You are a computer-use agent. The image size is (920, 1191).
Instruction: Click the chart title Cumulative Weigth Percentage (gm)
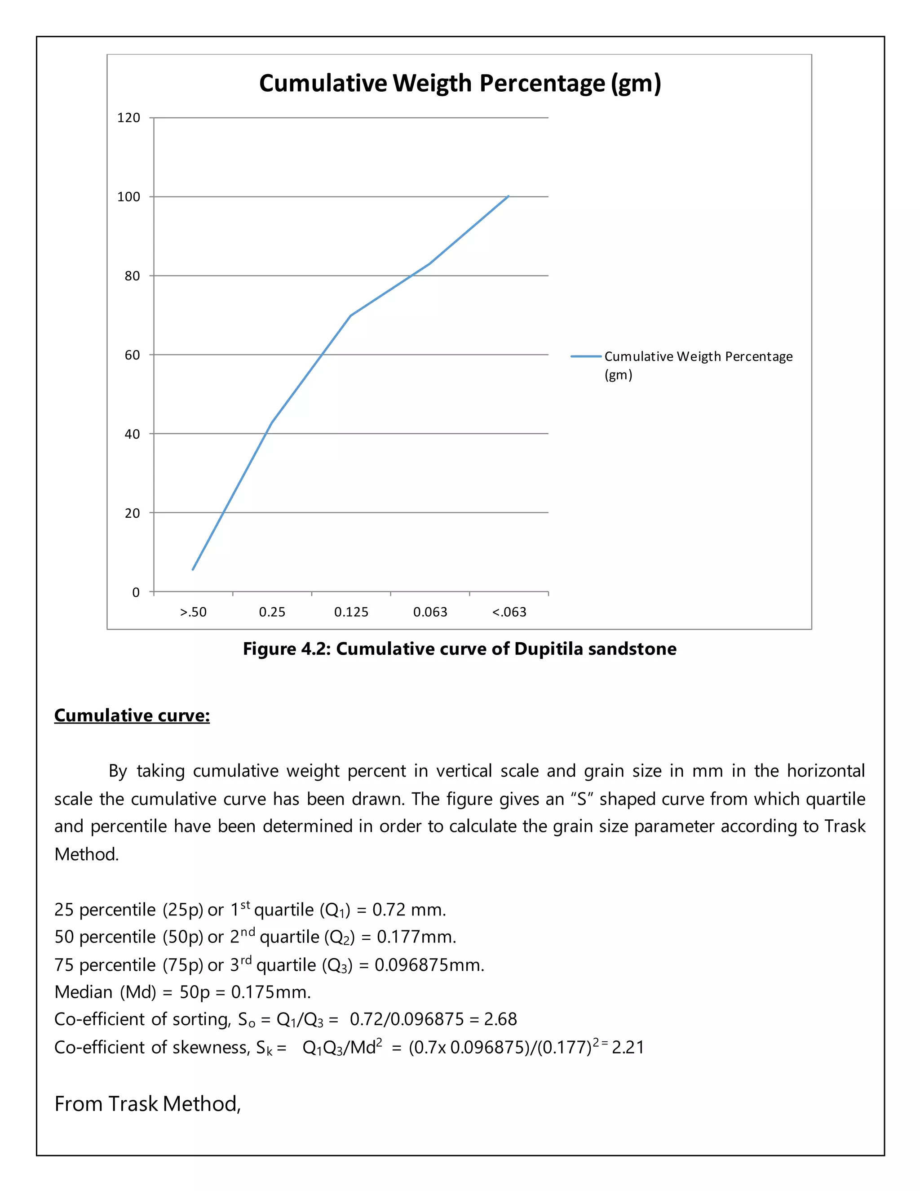[460, 84]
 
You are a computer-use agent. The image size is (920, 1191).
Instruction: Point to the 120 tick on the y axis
[128, 118]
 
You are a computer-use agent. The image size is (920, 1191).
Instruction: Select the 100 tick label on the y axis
[128, 197]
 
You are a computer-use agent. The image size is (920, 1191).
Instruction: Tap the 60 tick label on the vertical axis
[132, 355]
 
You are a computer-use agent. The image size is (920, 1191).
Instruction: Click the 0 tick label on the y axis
[136, 592]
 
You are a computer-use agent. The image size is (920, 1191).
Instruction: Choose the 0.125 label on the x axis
[351, 612]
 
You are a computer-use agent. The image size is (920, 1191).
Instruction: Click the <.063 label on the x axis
[509, 612]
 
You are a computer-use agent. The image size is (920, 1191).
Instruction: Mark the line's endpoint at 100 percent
[508, 196]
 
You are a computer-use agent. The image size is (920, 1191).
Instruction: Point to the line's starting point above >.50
[193, 570]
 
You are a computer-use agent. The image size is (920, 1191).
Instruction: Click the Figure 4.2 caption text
[460, 649]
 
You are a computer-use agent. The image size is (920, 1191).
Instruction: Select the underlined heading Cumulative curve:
[132, 715]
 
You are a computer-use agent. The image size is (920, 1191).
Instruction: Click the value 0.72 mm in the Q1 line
[409, 910]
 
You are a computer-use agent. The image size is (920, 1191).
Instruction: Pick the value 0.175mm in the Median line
[270, 992]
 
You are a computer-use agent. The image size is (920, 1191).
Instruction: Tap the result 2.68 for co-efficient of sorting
[500, 1019]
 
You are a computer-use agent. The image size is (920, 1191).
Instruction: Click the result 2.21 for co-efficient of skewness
[628, 1048]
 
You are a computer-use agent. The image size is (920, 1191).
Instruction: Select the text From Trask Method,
[147, 1104]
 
